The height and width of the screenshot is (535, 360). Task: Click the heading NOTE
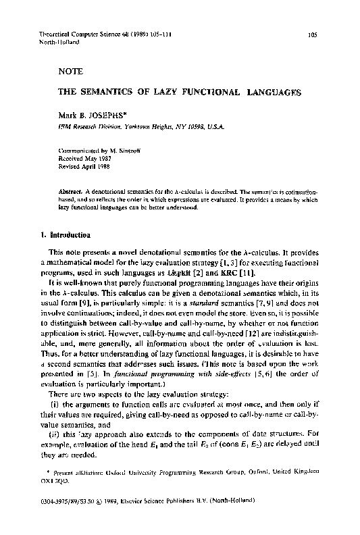70,70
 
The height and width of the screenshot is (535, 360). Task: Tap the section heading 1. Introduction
62,234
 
